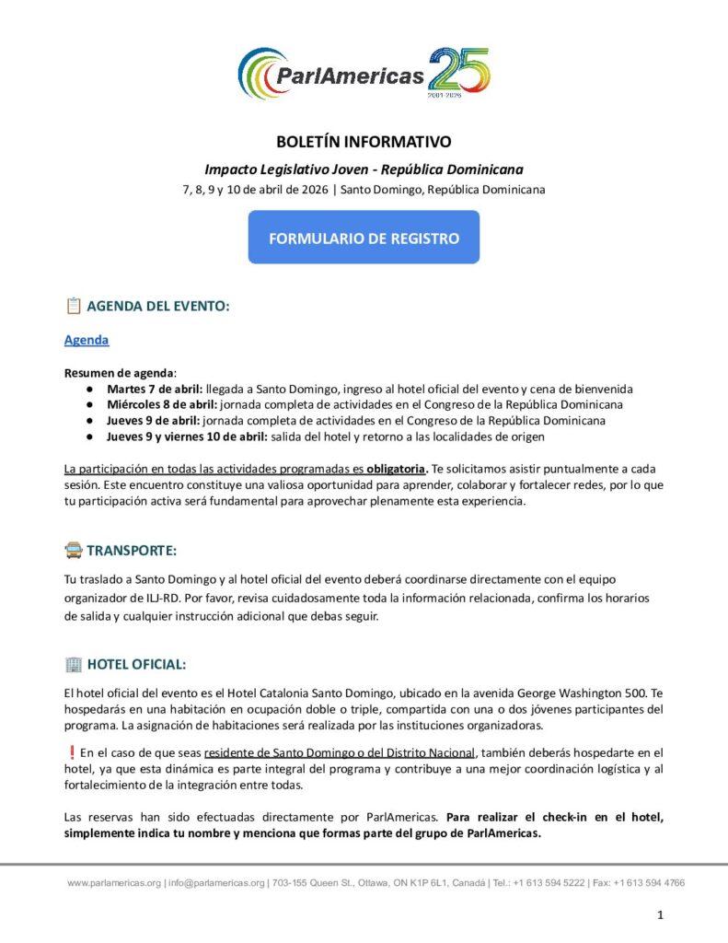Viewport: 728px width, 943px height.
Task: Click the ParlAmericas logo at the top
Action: [x=364, y=74]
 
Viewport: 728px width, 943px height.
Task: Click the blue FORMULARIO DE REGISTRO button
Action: [x=364, y=238]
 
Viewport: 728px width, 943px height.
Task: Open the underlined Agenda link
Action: [x=87, y=340]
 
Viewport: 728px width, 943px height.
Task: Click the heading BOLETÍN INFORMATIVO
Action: [x=364, y=142]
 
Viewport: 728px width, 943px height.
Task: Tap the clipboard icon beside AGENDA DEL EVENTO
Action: [x=74, y=306]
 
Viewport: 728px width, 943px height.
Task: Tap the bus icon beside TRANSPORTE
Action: [x=74, y=551]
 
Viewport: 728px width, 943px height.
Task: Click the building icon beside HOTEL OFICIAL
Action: [x=74, y=663]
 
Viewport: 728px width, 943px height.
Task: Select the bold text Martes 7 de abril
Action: [x=155, y=389]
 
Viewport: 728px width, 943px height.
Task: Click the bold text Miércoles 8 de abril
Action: [x=161, y=404]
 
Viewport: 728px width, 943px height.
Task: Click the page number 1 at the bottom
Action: [x=660, y=914]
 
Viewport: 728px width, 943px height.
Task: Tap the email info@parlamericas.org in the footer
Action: [x=216, y=882]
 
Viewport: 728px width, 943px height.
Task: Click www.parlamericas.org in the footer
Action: [x=114, y=882]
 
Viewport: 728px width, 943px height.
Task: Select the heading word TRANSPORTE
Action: [x=132, y=551]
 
